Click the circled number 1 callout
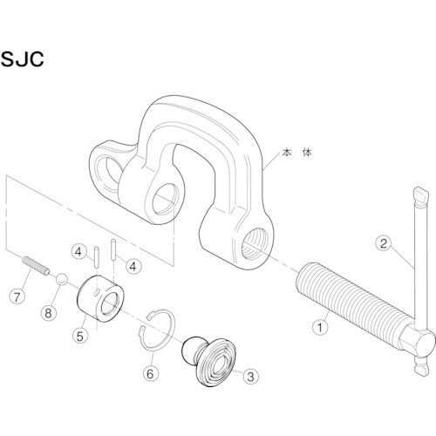pos(320,329)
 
